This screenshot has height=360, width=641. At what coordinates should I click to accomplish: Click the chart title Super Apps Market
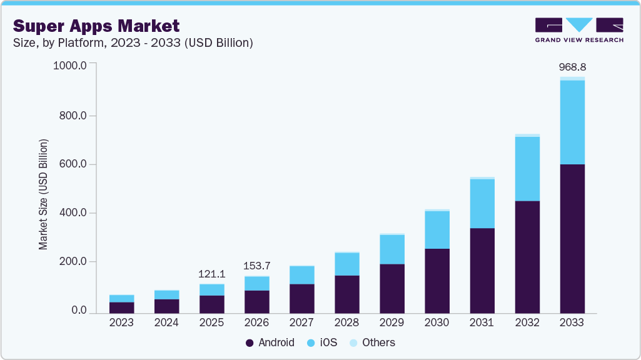[96, 26]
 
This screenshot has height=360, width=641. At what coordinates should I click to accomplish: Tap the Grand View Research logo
[579, 30]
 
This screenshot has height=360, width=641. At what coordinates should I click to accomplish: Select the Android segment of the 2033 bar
[572, 238]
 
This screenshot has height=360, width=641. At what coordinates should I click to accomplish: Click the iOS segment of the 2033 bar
[572, 122]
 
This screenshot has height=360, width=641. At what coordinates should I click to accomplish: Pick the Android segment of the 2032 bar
[527, 256]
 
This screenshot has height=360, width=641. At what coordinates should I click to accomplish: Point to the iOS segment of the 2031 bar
[482, 204]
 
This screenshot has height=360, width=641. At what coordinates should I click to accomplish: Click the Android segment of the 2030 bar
[437, 280]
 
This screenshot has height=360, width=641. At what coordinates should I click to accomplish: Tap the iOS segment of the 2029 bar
[392, 249]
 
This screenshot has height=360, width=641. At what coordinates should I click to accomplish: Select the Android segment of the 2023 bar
[121, 307]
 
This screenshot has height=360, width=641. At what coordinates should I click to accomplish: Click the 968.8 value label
[572, 67]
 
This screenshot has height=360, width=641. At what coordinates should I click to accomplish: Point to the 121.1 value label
[211, 274]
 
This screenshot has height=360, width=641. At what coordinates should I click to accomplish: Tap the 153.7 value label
[256, 266]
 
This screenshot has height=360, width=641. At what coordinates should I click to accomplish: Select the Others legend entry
[372, 342]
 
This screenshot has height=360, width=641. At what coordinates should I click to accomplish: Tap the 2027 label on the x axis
[301, 322]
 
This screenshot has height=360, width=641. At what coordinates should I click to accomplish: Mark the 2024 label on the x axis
[166, 322]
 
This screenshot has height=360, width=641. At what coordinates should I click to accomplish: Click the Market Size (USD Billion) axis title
[43, 194]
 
